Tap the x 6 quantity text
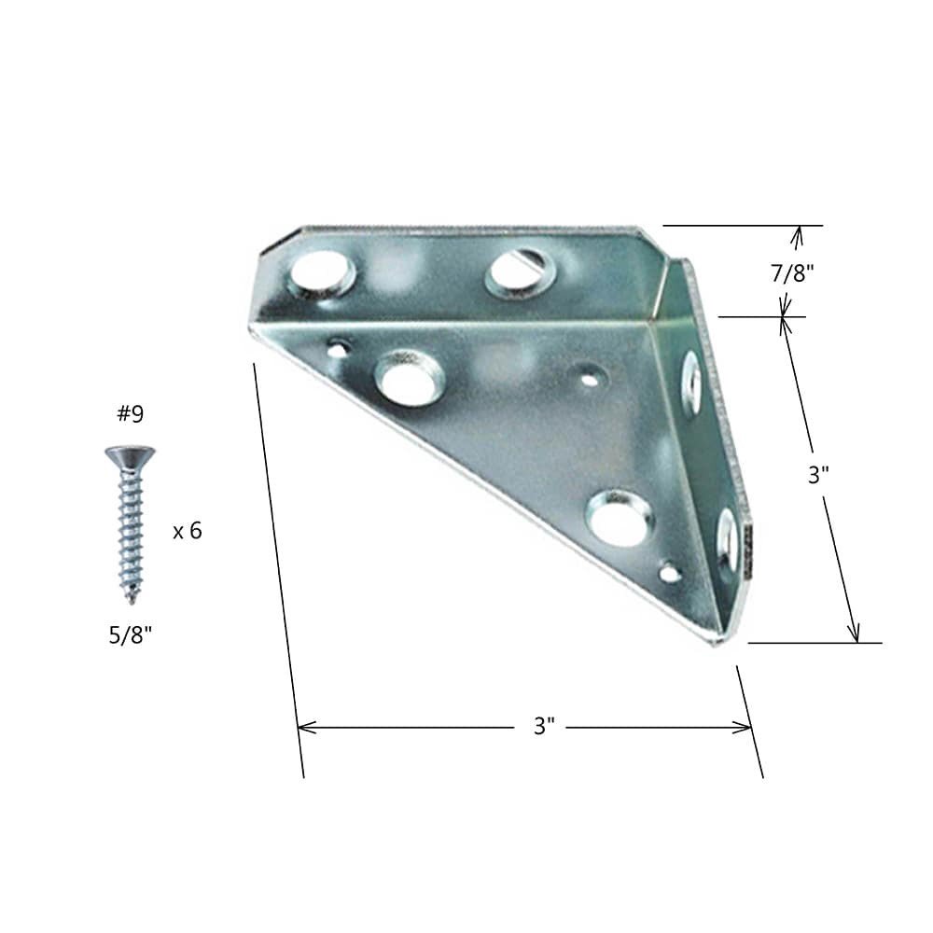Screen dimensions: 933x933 tap(187, 531)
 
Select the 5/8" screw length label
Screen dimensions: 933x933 tap(130, 635)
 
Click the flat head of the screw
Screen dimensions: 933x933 tap(130, 455)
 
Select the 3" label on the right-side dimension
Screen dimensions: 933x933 tap(818, 474)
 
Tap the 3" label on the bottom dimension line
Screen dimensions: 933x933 tap(545, 727)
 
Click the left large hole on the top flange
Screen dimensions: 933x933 tap(322, 272)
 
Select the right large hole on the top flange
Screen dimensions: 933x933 tap(520, 270)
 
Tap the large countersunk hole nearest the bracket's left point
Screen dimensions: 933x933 tap(409, 378)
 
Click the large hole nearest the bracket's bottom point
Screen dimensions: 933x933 tap(620, 519)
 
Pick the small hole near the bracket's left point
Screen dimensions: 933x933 tap(338, 349)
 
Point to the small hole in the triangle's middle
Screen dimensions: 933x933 tap(589, 378)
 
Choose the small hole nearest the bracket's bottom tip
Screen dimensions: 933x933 tap(670, 572)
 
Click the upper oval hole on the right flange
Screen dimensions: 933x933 tap(691, 382)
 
